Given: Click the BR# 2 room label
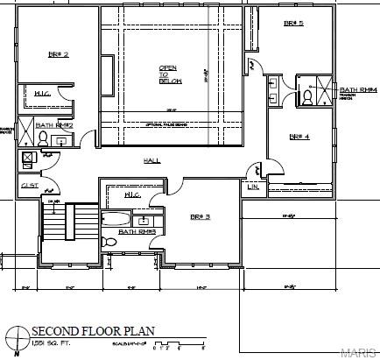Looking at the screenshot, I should click(x=58, y=54).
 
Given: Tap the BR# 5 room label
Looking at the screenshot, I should click(x=293, y=24).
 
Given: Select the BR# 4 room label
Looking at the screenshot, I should click(x=299, y=136).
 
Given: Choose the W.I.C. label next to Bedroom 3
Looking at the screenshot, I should click(x=134, y=194).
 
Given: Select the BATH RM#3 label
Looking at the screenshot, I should click(x=137, y=231).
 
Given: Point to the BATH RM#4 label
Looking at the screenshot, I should click(x=358, y=89).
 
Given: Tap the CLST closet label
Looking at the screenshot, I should click(x=28, y=187).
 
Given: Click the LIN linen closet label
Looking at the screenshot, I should click(x=254, y=187).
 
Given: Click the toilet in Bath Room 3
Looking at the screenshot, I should click(x=109, y=242).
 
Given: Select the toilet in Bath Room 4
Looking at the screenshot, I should click(x=308, y=98).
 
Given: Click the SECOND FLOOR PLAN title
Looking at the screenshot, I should click(x=93, y=331).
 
